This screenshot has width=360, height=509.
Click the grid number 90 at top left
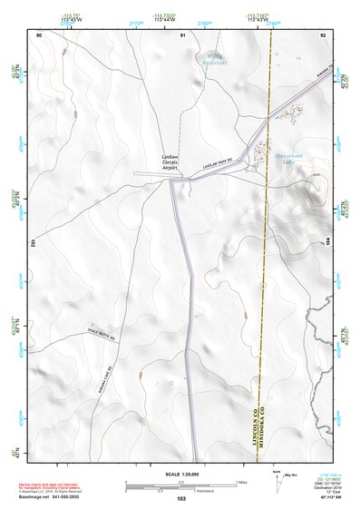39,34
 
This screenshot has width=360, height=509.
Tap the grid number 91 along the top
182,34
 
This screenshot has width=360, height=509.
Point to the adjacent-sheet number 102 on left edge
32,243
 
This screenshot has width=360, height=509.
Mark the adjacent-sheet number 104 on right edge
328,243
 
